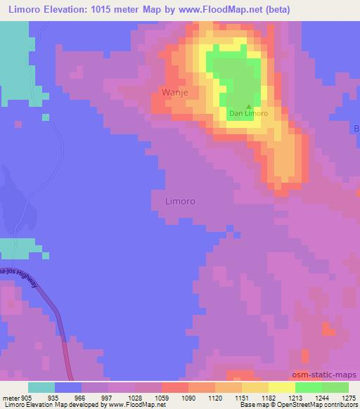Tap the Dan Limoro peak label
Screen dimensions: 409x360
coord(248,112)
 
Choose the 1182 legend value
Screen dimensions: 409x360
coord(255,398)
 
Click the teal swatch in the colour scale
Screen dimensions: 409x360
coord(41,387)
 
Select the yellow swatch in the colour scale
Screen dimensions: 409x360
coord(282,387)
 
